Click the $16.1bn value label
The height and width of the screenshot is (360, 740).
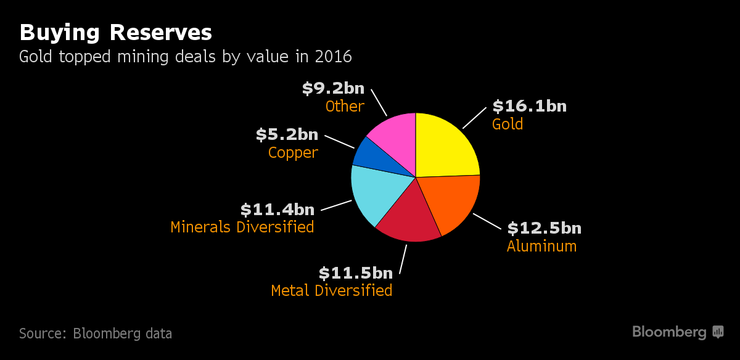(x=529, y=106)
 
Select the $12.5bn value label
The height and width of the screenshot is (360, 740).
(x=544, y=228)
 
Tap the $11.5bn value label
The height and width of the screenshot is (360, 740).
(x=355, y=272)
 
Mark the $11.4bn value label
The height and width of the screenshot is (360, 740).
(x=277, y=210)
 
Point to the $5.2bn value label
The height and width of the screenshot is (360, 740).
(x=287, y=134)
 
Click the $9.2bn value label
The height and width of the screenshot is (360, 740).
(x=333, y=89)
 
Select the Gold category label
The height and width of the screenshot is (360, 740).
(x=508, y=124)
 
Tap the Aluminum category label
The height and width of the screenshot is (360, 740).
(x=541, y=246)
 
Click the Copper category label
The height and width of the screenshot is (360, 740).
(x=293, y=152)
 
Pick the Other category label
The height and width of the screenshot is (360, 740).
(x=345, y=106)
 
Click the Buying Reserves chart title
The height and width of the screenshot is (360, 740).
(x=116, y=32)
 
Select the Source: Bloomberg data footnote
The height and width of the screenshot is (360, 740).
(x=96, y=333)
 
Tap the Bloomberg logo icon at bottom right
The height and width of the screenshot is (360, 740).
(x=718, y=332)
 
